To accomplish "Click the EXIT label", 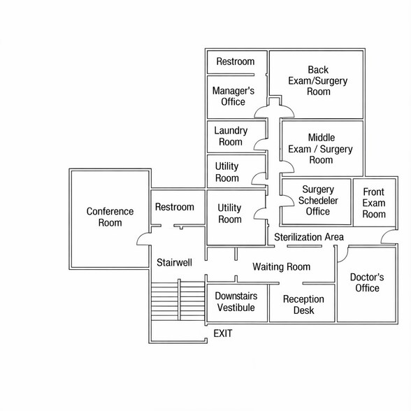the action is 223,333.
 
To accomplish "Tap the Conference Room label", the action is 110,217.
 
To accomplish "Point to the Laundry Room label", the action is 231,136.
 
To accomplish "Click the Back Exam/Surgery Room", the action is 317,85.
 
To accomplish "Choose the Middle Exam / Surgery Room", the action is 322,148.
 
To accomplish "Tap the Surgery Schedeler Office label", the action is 318,201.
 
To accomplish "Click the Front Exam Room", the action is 375,203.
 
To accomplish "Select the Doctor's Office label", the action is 367,282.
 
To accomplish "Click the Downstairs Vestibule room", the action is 237,303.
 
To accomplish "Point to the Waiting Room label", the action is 282,267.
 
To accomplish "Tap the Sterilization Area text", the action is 309,237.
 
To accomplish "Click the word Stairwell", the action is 174,262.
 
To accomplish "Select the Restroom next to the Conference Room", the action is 178,207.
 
